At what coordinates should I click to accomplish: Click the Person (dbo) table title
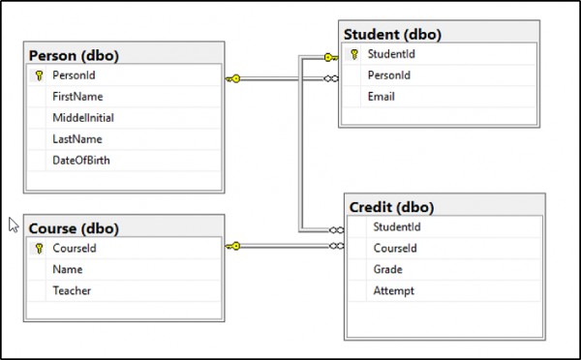(74, 55)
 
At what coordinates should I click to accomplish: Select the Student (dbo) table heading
(392, 35)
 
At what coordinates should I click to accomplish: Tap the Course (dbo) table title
(74, 228)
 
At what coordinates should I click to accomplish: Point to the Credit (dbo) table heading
(391, 207)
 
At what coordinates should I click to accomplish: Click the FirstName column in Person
(77, 97)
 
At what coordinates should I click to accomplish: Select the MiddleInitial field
(83, 118)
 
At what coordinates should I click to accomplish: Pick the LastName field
(77, 139)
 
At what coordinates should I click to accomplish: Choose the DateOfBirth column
(81, 161)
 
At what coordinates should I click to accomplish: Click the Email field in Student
(382, 97)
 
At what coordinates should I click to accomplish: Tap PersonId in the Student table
(389, 75)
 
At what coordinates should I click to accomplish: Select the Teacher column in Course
(72, 290)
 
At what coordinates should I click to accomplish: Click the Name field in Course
(68, 269)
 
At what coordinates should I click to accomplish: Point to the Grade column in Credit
(387, 269)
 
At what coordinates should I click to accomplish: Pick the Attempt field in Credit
(393, 291)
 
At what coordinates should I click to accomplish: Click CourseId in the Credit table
(395, 248)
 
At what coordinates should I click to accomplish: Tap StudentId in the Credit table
(397, 226)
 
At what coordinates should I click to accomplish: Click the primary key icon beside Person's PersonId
(39, 75)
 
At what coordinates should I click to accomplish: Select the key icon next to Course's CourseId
(39, 248)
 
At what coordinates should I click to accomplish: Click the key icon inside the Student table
(354, 54)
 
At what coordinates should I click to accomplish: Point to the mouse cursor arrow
(14, 225)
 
